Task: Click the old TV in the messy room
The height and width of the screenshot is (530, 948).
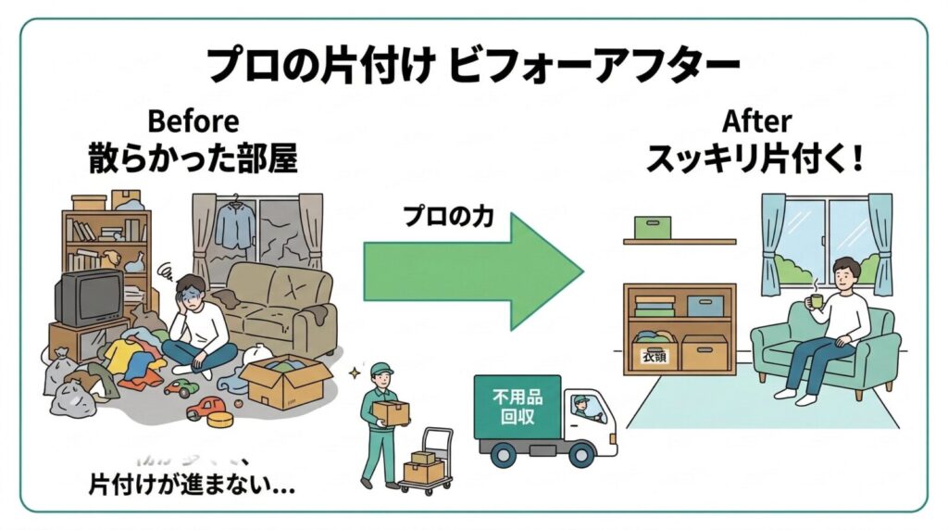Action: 89,297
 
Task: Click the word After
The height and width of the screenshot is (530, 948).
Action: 757,121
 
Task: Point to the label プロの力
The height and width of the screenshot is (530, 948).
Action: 448,217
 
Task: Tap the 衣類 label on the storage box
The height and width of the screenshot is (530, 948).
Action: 654,356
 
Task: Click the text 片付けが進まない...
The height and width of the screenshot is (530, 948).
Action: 192,484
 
